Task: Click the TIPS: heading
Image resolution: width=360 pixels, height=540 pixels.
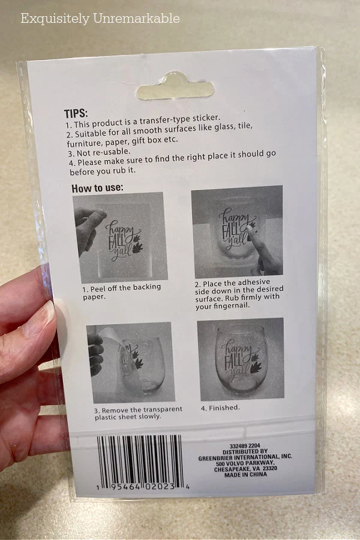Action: [76, 113]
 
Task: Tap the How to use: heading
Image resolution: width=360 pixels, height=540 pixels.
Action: [97, 188]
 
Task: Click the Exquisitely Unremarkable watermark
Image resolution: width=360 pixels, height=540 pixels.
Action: [100, 18]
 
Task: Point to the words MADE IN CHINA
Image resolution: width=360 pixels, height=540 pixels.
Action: [245, 475]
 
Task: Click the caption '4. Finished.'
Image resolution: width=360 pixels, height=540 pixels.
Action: [220, 408]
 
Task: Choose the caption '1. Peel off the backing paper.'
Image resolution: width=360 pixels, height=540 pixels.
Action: [122, 292]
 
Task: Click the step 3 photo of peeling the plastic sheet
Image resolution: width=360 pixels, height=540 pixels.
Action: [131, 362]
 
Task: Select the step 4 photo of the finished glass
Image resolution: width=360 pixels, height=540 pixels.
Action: [241, 359]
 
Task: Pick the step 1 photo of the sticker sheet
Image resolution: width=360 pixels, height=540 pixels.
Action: [120, 238]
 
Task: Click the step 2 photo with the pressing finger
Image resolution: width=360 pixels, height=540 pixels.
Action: [237, 232]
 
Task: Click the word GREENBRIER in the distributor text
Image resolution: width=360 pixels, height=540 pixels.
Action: [215, 458]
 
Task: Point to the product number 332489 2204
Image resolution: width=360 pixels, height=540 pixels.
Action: [245, 446]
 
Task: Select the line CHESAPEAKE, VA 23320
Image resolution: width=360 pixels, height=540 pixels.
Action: [245, 469]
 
